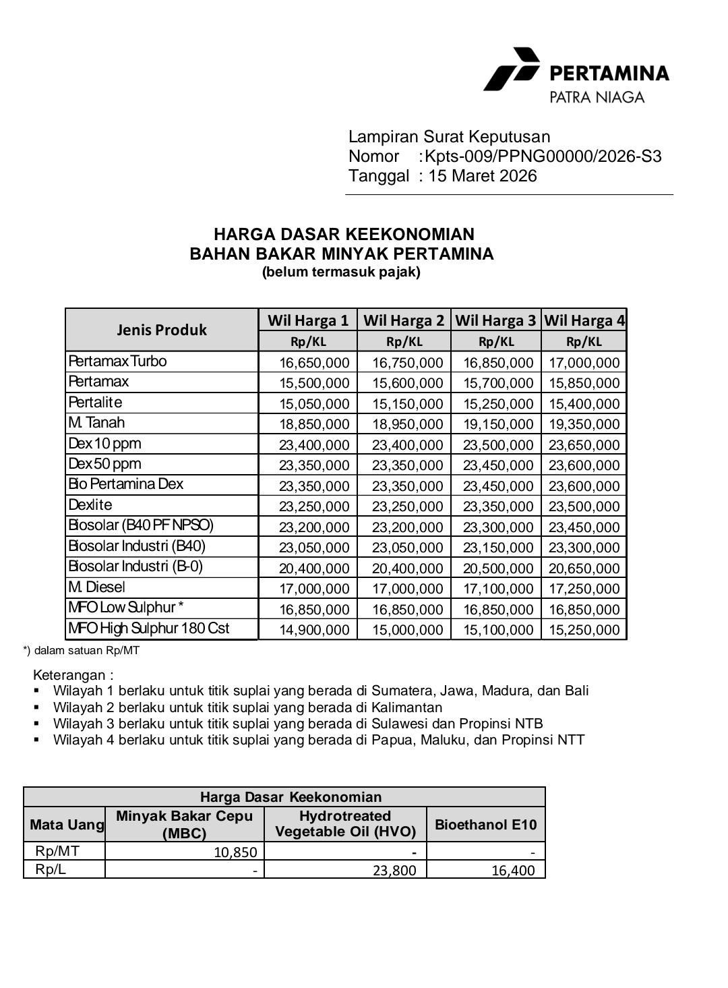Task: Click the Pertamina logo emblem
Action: click(512, 69)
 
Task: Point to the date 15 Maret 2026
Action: click(483, 177)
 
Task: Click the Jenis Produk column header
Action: click(162, 330)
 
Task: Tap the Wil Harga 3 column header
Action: click(495, 320)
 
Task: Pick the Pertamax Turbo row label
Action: click(117, 361)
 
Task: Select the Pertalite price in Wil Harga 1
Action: click(314, 404)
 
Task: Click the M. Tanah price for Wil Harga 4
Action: click(584, 424)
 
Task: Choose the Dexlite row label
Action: click(90, 505)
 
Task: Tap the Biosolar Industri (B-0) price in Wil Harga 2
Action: click(407, 569)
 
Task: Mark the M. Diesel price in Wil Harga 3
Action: click(498, 589)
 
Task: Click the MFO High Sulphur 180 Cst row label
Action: click(149, 629)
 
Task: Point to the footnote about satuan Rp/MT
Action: click(81, 651)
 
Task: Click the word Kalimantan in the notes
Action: click(407, 707)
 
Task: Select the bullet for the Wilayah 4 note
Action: click(37, 740)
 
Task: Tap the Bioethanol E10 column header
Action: click(485, 824)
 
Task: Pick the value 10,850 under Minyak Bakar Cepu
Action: click(235, 852)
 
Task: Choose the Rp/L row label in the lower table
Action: click(51, 869)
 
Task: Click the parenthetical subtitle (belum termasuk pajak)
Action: click(341, 272)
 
